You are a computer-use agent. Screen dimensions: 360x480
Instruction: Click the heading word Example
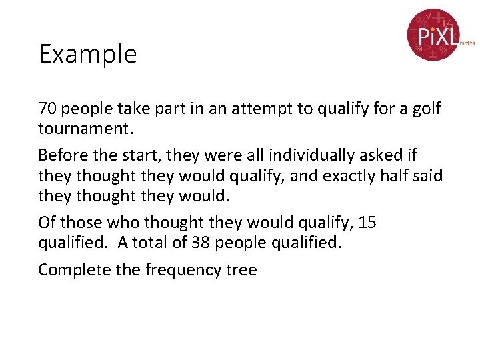tap(87, 54)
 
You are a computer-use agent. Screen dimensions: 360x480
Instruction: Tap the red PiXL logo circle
tap(433, 34)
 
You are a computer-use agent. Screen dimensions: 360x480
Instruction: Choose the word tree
tap(242, 269)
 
